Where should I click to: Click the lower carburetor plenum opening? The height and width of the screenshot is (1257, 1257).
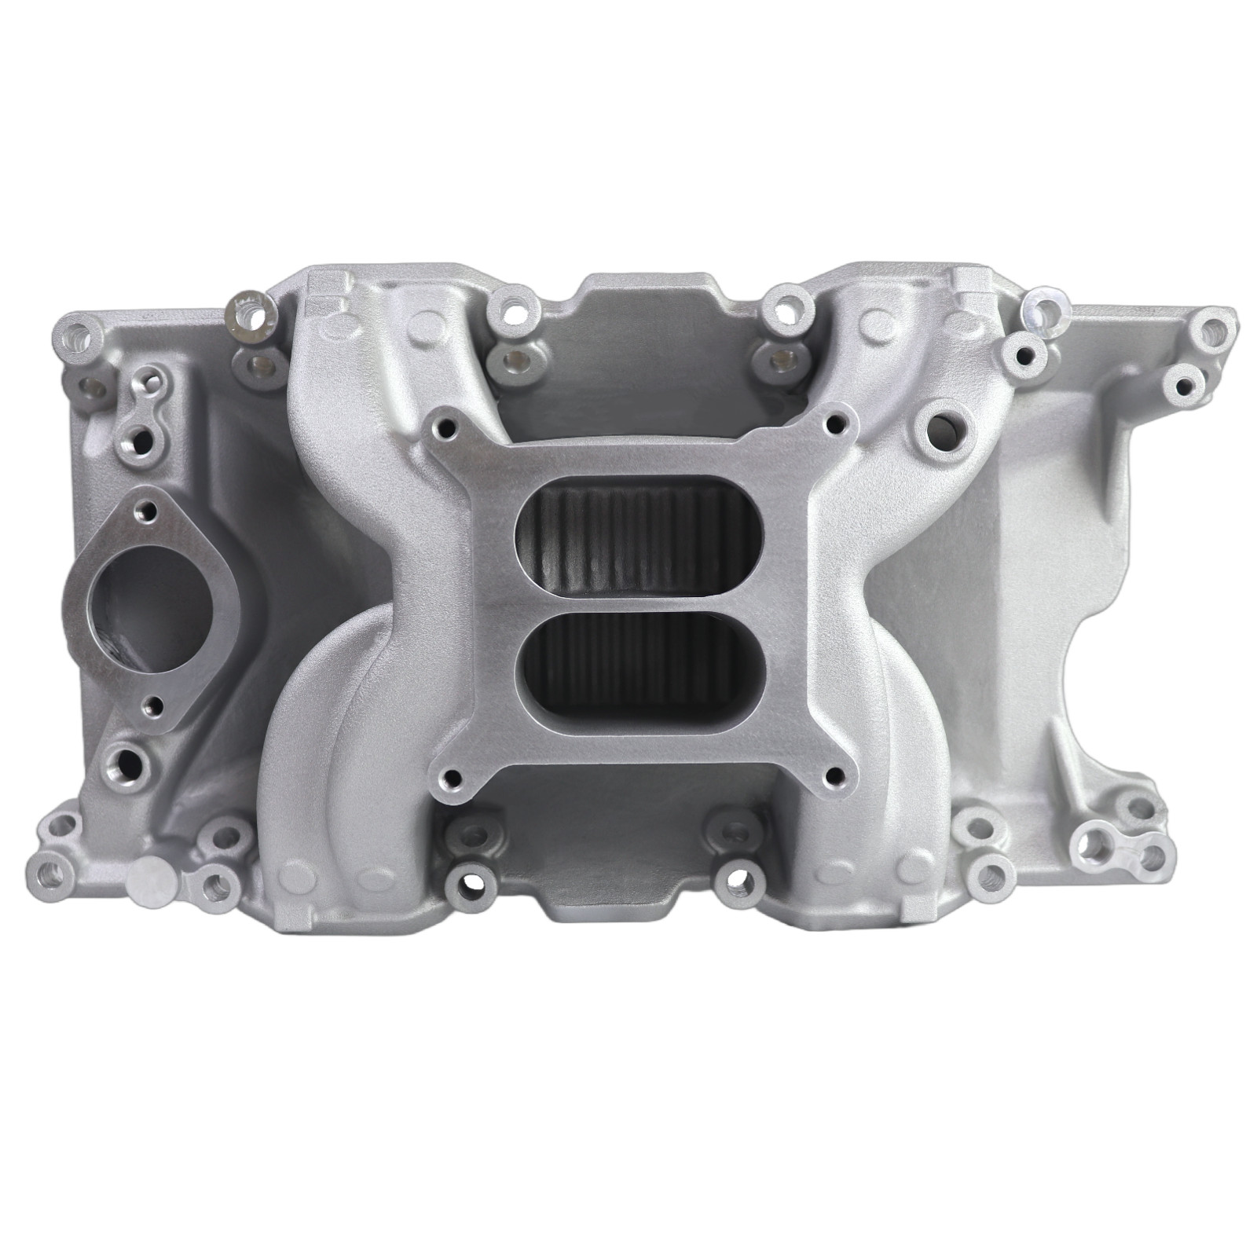(638, 646)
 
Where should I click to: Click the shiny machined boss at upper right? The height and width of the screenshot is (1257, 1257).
(1046, 310)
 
